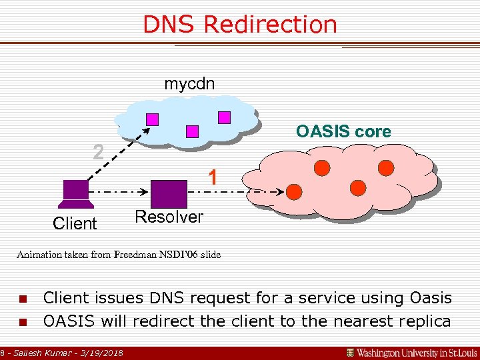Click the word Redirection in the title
coord(270,25)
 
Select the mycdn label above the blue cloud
coord(189,84)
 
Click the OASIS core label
coord(343,131)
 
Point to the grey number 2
coord(98,153)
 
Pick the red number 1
coord(212,177)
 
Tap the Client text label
coord(75,223)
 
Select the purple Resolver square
coord(169,193)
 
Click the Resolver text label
coord(169,217)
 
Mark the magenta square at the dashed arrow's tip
coord(153,119)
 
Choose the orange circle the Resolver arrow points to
coord(293,192)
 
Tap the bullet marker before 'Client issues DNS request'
coord(23,299)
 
